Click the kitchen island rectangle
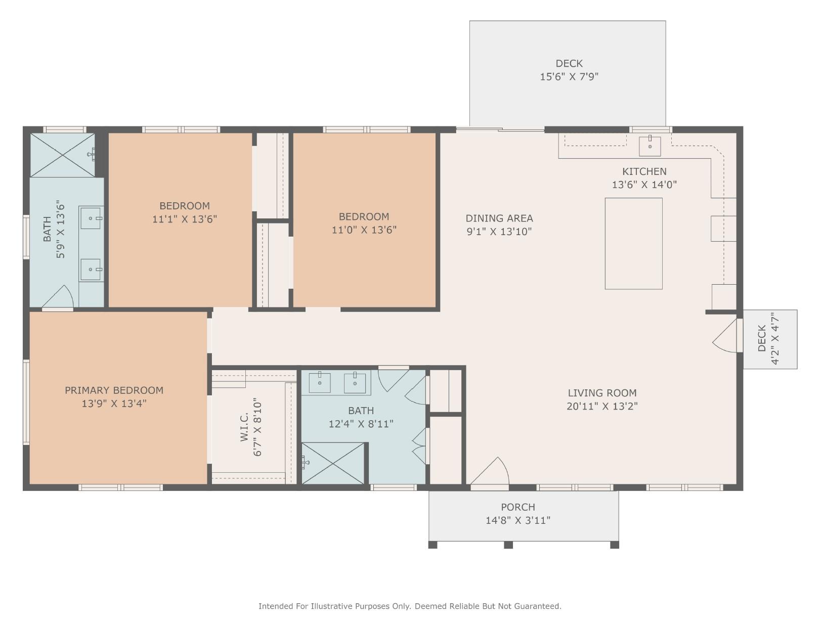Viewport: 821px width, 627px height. coord(633,243)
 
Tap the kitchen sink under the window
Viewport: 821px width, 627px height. coord(650,146)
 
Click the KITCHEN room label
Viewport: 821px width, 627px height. coord(644,171)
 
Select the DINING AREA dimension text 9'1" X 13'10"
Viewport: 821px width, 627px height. coord(499,232)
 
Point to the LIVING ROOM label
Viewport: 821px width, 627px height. coord(602,393)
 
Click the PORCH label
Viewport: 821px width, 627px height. coord(518,507)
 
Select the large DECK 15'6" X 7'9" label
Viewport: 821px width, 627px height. coord(569,70)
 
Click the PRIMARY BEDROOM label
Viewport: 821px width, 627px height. coord(114,390)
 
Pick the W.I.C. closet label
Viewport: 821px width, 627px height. coord(244,427)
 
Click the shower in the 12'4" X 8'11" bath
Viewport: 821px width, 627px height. coord(333,463)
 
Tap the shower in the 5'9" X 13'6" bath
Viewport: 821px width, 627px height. coord(62,155)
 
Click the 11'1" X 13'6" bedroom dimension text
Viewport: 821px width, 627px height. coord(185,219)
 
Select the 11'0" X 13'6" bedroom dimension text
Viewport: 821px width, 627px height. coord(364,230)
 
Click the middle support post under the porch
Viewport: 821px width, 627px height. coord(508,545)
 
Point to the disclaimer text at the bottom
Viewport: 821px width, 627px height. coord(410,606)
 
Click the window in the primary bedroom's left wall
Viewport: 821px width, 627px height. coord(26,402)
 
